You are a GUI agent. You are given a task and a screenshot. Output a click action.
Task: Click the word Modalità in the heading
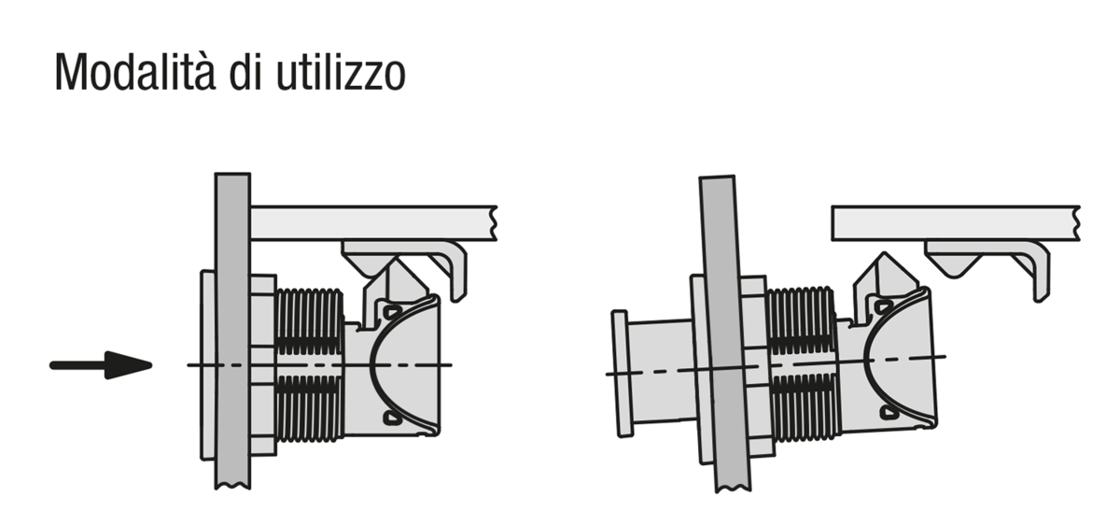[135, 72]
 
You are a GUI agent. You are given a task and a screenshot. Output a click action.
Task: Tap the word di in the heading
[245, 72]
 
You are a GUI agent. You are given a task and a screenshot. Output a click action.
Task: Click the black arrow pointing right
[101, 365]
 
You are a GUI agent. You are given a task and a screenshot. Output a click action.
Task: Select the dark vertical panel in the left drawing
[233, 331]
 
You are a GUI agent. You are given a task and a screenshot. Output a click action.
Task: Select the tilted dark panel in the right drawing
[724, 333]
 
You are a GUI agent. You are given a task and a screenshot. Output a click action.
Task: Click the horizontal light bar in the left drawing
[373, 223]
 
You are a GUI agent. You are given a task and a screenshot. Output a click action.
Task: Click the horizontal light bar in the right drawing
[956, 223]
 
